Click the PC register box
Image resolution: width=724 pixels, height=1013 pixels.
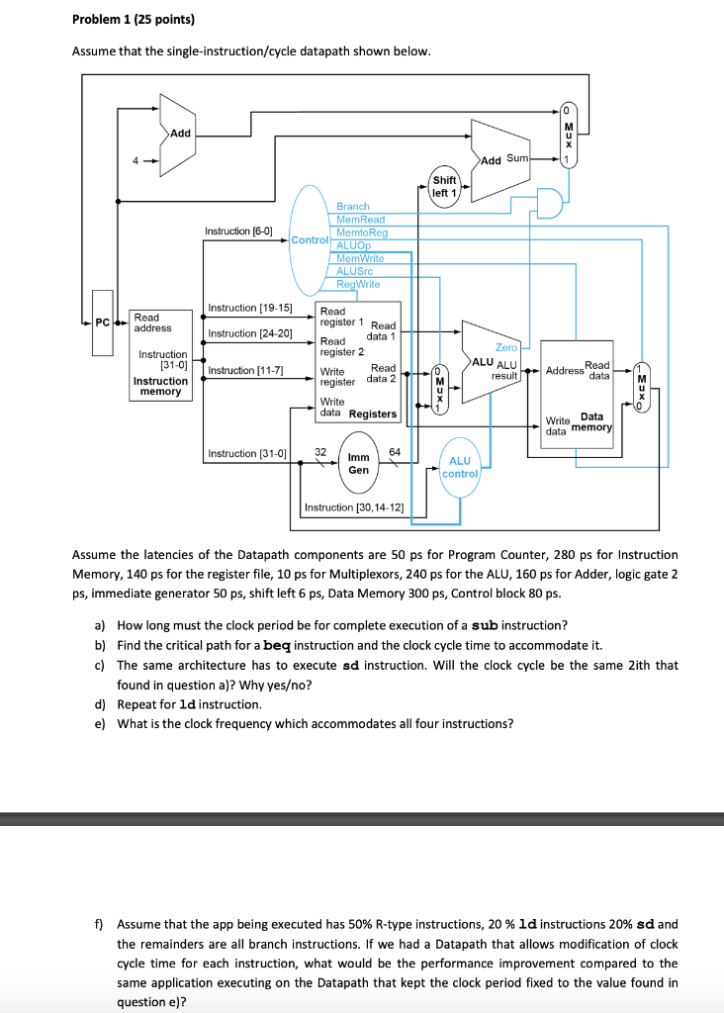(102, 323)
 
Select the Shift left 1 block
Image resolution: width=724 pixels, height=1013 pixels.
(444, 187)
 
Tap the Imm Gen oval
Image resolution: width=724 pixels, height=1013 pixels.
(358, 463)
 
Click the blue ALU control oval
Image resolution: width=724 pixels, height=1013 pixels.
(460, 467)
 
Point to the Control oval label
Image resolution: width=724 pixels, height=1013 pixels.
(310, 239)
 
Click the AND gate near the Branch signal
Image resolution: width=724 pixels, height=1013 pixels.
(550, 204)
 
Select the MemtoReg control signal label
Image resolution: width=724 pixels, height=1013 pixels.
(362, 232)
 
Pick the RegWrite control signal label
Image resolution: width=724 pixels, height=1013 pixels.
(358, 284)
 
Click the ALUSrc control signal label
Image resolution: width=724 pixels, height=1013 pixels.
(354, 271)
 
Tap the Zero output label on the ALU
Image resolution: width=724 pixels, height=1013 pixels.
(506, 347)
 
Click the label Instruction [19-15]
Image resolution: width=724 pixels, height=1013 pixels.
(250, 309)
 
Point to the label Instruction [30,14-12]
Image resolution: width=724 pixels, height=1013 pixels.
(354, 507)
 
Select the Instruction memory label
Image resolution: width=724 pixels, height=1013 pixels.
(160, 387)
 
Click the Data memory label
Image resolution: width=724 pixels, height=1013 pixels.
(592, 421)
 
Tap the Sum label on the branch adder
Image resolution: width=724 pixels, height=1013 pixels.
(517, 158)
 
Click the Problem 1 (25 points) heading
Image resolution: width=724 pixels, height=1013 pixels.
(134, 20)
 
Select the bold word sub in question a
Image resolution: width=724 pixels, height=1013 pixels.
(485, 625)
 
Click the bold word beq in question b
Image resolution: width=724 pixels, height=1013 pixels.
(277, 645)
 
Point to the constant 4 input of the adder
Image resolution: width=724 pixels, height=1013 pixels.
(136, 161)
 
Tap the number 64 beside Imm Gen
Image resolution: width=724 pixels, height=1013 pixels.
(395, 452)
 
